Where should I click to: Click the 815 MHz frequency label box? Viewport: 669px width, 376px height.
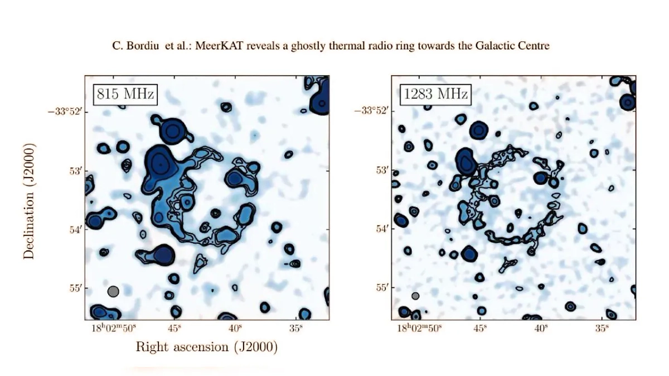125,94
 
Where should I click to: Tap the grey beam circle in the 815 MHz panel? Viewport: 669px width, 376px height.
113,291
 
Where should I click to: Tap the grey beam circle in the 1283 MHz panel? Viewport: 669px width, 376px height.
415,296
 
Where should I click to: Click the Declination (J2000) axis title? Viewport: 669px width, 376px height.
30,201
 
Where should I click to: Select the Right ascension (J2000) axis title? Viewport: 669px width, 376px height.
206,347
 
